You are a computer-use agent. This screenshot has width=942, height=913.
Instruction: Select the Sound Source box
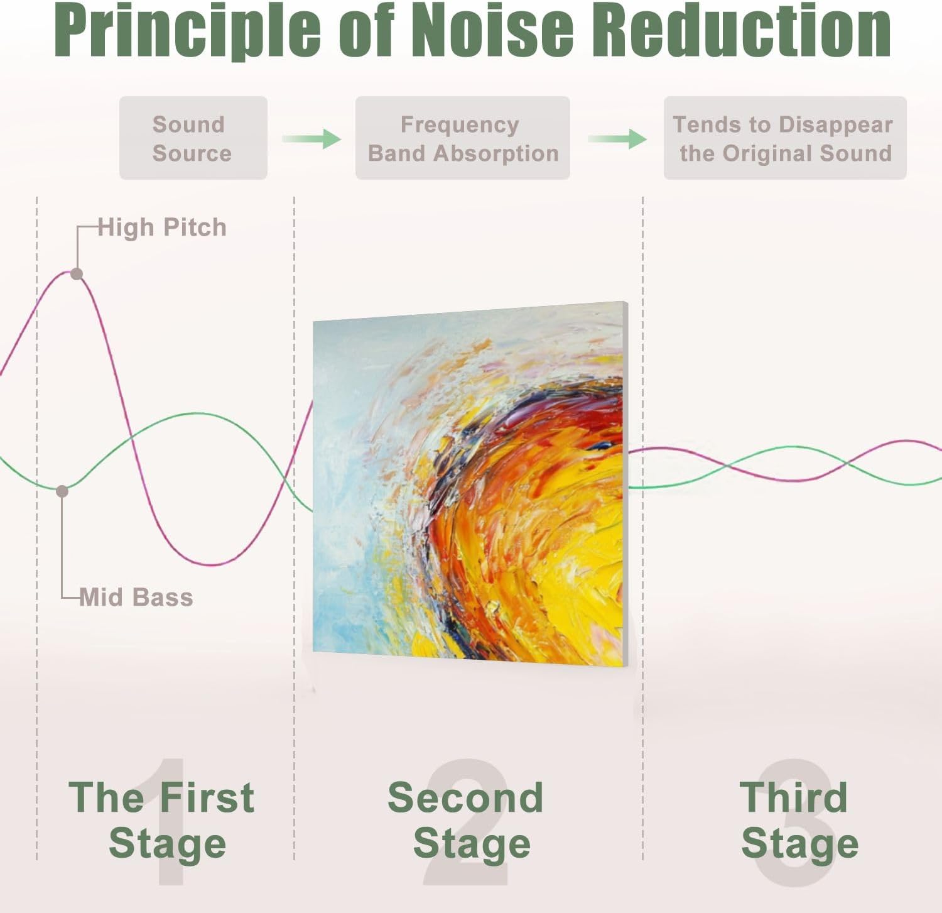193,138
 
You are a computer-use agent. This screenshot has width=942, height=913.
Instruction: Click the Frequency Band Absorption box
462,138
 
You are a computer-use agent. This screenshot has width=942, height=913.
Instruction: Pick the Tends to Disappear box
785,138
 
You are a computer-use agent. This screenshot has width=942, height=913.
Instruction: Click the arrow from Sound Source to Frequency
311,138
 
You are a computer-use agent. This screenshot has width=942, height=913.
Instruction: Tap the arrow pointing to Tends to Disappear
617,138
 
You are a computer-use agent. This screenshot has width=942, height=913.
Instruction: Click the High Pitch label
162,227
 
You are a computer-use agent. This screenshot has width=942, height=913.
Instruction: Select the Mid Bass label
136,597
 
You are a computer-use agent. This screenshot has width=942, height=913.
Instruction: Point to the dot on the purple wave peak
77,274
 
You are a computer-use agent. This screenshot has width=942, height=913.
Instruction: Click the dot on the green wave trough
62,491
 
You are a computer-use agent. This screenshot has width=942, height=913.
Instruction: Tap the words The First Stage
162,820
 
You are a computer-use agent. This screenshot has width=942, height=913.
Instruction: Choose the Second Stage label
466,820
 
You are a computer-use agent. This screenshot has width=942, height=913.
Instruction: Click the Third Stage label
799,820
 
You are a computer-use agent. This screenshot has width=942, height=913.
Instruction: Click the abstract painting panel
470,484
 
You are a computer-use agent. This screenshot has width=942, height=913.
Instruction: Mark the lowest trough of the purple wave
214,564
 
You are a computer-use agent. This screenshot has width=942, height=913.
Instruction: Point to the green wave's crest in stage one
196,413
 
